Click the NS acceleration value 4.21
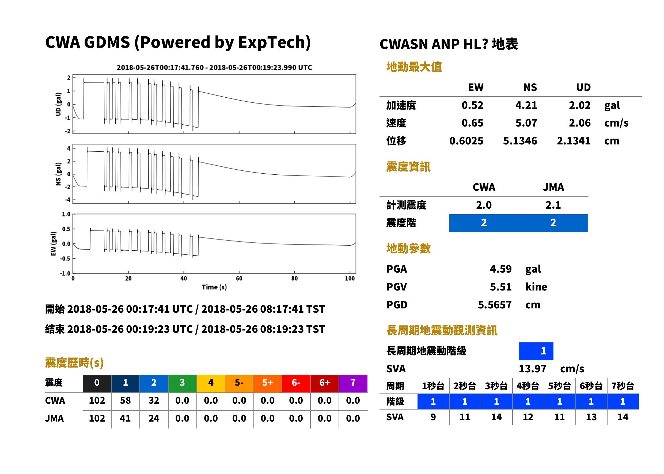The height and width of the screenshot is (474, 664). coord(526,105)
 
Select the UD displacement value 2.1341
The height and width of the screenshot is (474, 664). coord(574,141)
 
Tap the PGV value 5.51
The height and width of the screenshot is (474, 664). coord(501,286)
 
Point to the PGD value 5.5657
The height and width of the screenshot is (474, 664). coord(495,305)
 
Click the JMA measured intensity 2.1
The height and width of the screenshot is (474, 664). coord(553,205)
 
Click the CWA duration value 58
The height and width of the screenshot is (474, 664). coord(125,400)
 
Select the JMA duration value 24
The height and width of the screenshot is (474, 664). coord(154,418)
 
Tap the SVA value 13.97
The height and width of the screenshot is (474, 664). coord(532,369)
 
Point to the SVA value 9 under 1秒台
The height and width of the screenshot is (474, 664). coord(433,417)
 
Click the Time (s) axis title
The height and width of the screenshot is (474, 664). coord(214,287)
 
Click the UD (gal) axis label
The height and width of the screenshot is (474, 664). coord(58,104)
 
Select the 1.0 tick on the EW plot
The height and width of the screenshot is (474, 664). coord(66,214)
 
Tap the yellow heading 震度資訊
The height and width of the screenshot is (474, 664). coord(408,167)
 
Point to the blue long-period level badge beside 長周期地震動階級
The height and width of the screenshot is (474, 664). coord(536,351)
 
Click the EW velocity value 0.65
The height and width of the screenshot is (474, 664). coord(472,123)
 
